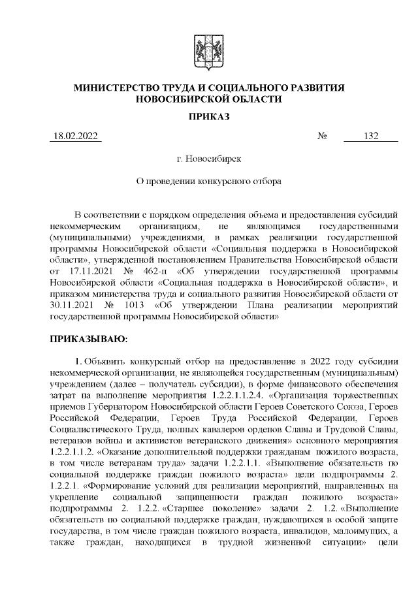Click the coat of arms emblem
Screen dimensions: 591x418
[209, 52]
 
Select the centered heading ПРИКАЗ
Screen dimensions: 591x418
[208, 117]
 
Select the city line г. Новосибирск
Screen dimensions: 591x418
[208, 158]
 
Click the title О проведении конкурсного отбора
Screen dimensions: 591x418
[208, 181]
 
